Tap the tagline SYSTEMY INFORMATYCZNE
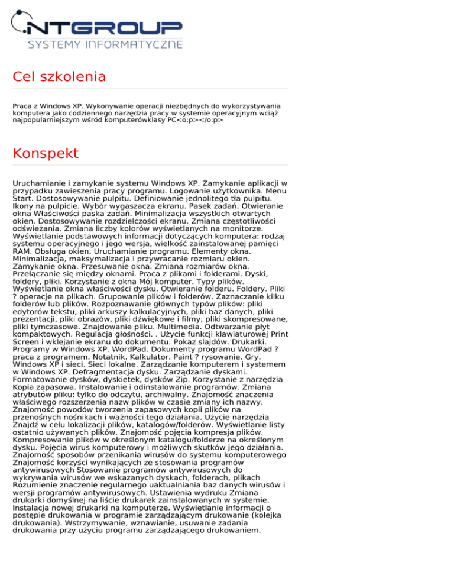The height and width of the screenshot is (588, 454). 105,44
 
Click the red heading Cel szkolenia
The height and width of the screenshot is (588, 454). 59,76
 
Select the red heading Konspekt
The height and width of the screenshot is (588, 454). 46,153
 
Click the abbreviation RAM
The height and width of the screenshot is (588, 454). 22,250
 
